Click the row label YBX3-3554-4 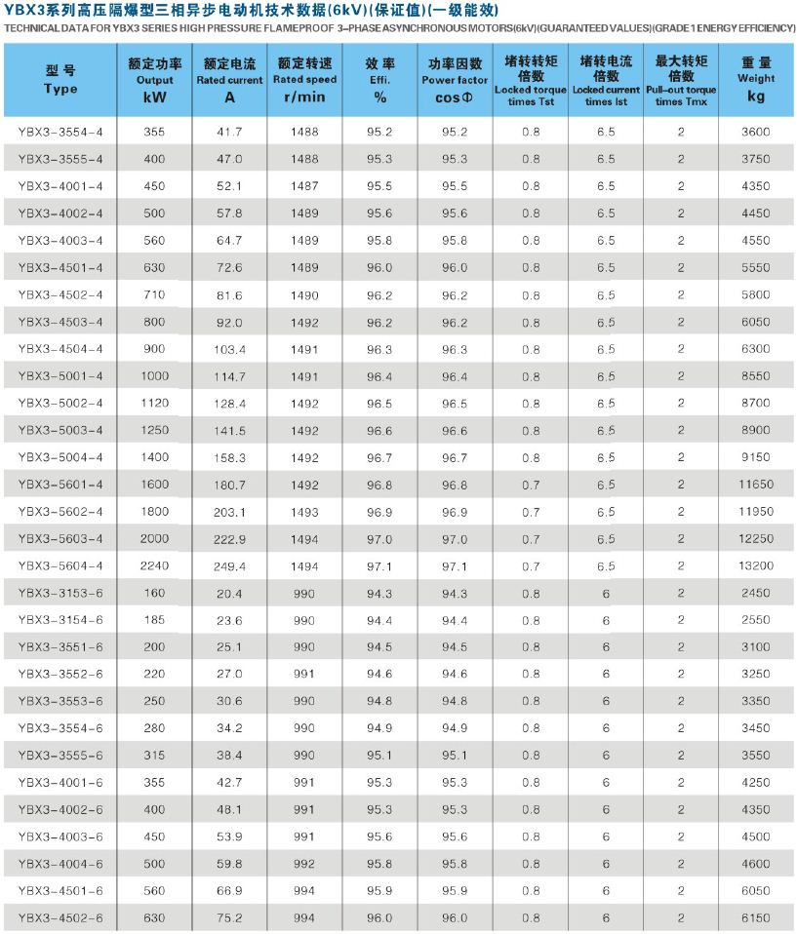[x=60, y=131]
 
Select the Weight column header [x=756, y=79]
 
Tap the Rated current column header [x=229, y=80]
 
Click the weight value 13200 [x=756, y=565]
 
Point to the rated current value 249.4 [x=229, y=565]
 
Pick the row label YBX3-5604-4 [x=60, y=565]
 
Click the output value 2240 [x=153, y=565]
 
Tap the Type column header [x=60, y=80]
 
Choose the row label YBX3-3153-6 [x=60, y=593]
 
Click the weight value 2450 [x=756, y=593]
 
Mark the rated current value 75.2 [x=229, y=918]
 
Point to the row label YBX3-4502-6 [x=60, y=918]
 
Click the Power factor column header [x=455, y=80]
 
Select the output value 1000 [x=153, y=375]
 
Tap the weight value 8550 [x=756, y=375]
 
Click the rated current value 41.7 [x=229, y=131]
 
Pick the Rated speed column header [x=304, y=80]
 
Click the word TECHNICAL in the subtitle [x=30, y=25]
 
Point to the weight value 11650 [x=756, y=485]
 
